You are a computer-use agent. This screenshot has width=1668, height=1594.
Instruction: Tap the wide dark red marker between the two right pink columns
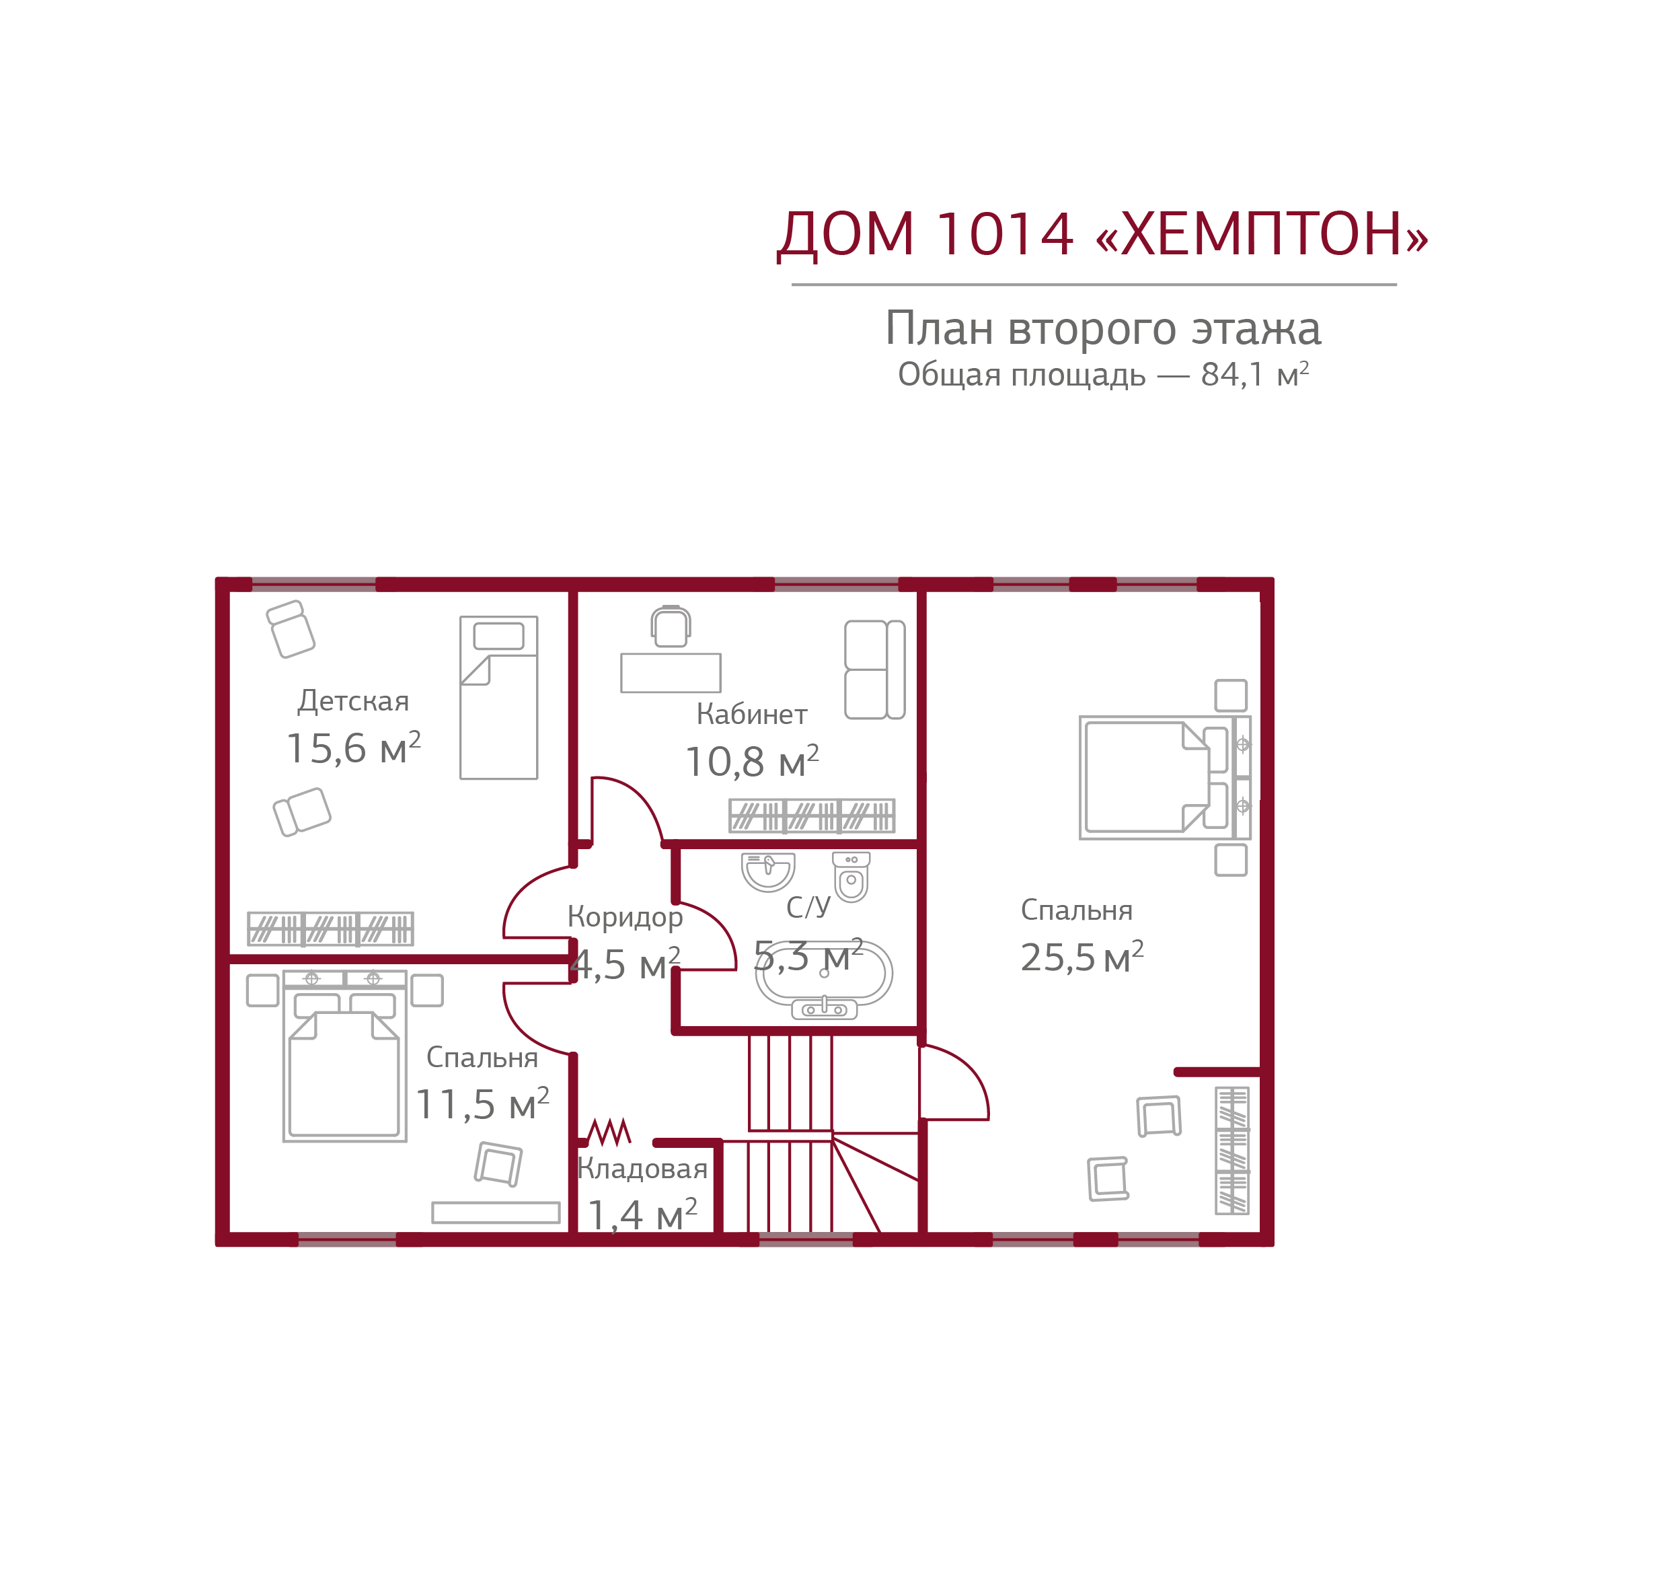pos(1092,584)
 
